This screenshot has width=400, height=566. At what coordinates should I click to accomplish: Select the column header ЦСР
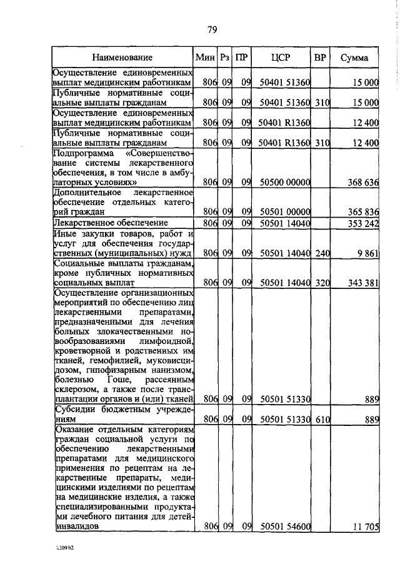click(x=281, y=58)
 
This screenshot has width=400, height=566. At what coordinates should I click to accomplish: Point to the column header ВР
click(x=320, y=58)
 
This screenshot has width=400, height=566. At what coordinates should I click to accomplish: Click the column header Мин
click(x=204, y=58)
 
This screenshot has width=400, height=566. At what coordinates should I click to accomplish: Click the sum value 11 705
click(x=365, y=527)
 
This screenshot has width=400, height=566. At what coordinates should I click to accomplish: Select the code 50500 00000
click(x=285, y=183)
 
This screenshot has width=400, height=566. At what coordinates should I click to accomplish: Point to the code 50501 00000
click(x=285, y=212)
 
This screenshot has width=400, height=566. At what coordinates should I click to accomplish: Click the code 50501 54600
click(x=285, y=527)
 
